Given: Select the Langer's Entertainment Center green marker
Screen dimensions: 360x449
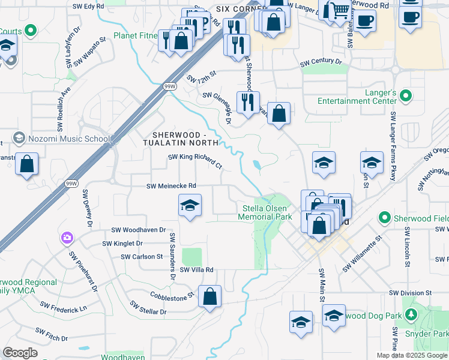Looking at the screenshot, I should (405, 95).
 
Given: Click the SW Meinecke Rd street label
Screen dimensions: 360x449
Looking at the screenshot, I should (172, 186).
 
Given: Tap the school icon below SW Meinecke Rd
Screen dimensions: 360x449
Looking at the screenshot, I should (190, 206).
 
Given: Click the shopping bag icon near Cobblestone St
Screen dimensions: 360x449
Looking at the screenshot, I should (209, 296).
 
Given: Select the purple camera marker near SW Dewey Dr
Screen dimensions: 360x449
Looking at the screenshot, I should (67, 238).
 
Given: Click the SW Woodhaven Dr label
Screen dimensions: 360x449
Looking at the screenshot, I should (139, 230).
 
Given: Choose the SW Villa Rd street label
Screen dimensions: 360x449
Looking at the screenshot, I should (193, 270).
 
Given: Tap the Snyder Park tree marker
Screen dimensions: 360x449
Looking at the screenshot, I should (411, 315).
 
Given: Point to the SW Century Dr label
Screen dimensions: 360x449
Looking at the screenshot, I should (321, 62).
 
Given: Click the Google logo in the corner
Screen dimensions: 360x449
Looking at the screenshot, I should (20, 353).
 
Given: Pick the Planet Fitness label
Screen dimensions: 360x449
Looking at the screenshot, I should (139, 36).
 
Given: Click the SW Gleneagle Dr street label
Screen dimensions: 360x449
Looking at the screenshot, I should (218, 106).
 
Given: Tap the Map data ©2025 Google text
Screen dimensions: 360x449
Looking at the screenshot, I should (411, 355).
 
